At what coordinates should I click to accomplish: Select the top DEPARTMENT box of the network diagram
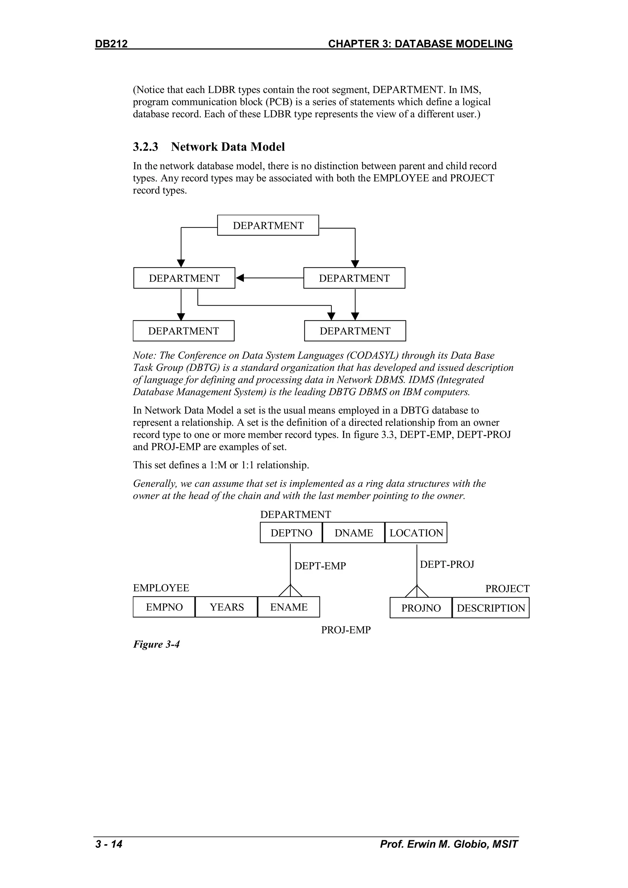[268, 225]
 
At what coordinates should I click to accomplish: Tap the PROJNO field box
[421, 608]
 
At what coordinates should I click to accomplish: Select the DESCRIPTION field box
[491, 608]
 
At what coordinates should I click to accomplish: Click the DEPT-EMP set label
[320, 566]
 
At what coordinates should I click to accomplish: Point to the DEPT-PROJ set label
[447, 564]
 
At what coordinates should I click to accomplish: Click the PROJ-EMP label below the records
[346, 630]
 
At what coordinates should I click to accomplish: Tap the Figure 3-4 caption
[156, 644]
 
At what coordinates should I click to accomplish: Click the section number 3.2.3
[145, 147]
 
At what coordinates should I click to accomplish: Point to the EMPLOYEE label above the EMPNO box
[161, 588]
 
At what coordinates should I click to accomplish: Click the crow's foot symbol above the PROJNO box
[417, 591]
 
